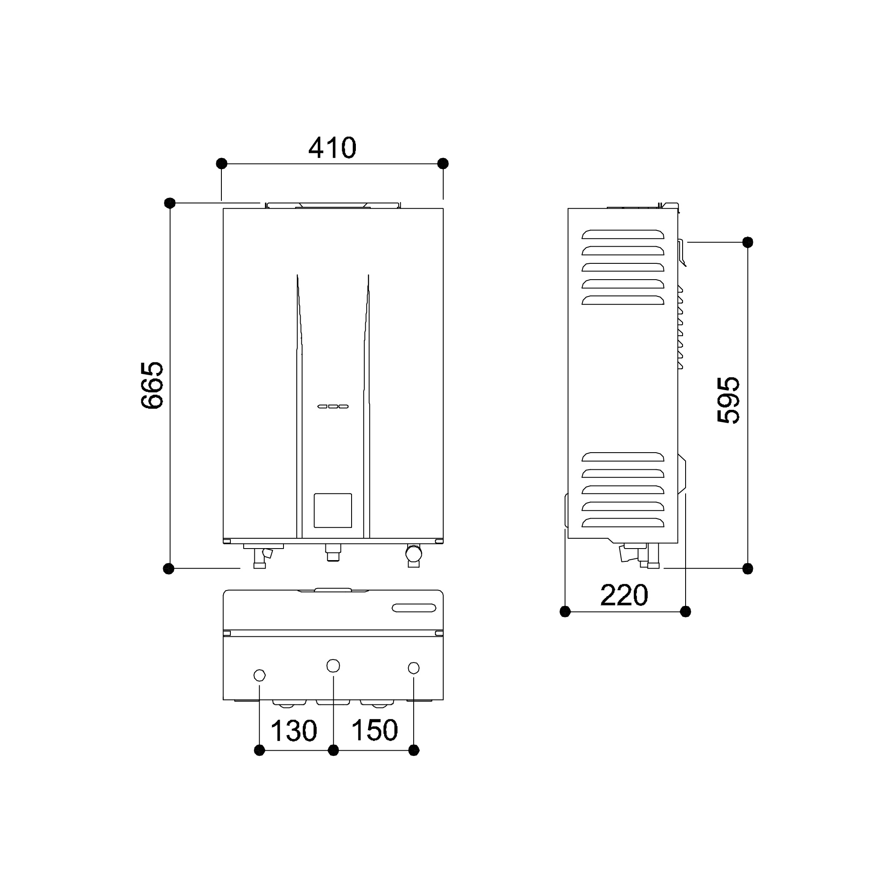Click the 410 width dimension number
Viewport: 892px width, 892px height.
click(332, 148)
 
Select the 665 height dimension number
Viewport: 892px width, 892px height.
click(152, 385)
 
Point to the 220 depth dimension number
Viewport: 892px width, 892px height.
click(624, 595)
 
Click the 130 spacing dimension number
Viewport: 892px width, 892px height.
click(294, 731)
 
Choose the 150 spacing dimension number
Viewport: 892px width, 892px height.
click(374, 730)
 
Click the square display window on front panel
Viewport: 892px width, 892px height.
click(332, 510)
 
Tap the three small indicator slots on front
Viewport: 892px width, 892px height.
click(332, 406)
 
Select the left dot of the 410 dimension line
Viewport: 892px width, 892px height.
click(222, 164)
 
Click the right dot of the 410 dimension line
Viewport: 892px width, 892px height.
click(443, 164)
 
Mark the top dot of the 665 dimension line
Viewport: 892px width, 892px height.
click(170, 203)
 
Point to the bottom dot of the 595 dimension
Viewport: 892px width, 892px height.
click(748, 569)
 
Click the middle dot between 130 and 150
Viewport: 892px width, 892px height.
click(333, 750)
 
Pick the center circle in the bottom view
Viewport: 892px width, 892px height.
click(333, 666)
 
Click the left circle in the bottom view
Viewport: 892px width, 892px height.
click(260, 675)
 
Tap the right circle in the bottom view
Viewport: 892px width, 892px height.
click(414, 668)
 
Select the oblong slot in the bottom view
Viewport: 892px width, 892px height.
click(414, 608)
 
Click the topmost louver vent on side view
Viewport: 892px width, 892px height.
click(623, 234)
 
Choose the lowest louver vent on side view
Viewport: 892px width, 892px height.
click(623, 522)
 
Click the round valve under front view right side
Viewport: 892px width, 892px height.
click(413, 553)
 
